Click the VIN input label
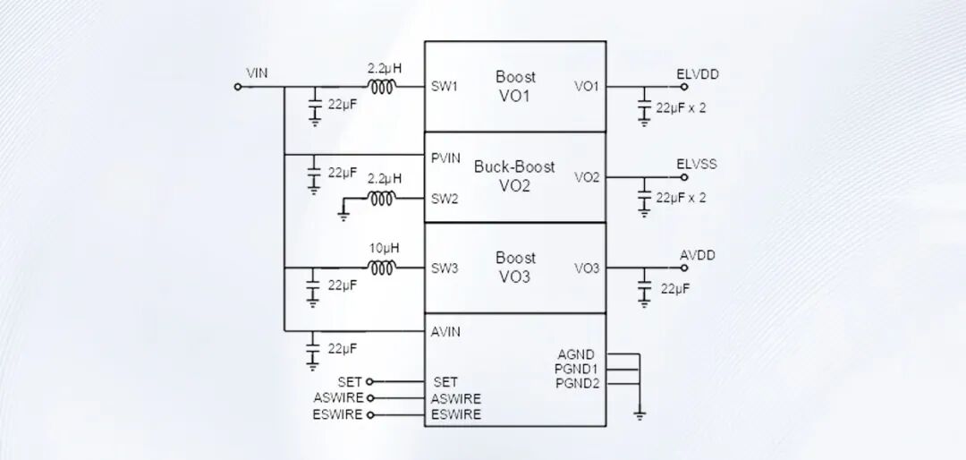[x=257, y=73]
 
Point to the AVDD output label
[x=698, y=255]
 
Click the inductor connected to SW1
[x=383, y=87]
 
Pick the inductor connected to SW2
[x=383, y=198]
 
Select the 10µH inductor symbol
[x=383, y=268]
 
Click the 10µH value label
[x=384, y=248]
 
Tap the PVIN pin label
[x=445, y=158]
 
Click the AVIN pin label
[x=445, y=332]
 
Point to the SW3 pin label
[x=445, y=268]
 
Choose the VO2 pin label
[x=587, y=177]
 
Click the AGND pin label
[x=576, y=354]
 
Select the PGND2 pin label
[x=575, y=384]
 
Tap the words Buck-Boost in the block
[x=514, y=166]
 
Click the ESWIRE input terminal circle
[x=369, y=415]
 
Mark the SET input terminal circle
[x=369, y=382]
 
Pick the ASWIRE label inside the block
[x=456, y=399]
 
